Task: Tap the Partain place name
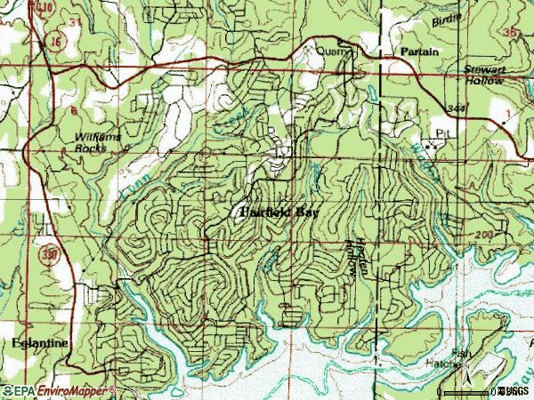(418, 52)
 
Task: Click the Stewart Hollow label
(484, 74)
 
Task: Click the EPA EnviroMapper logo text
(58, 390)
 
